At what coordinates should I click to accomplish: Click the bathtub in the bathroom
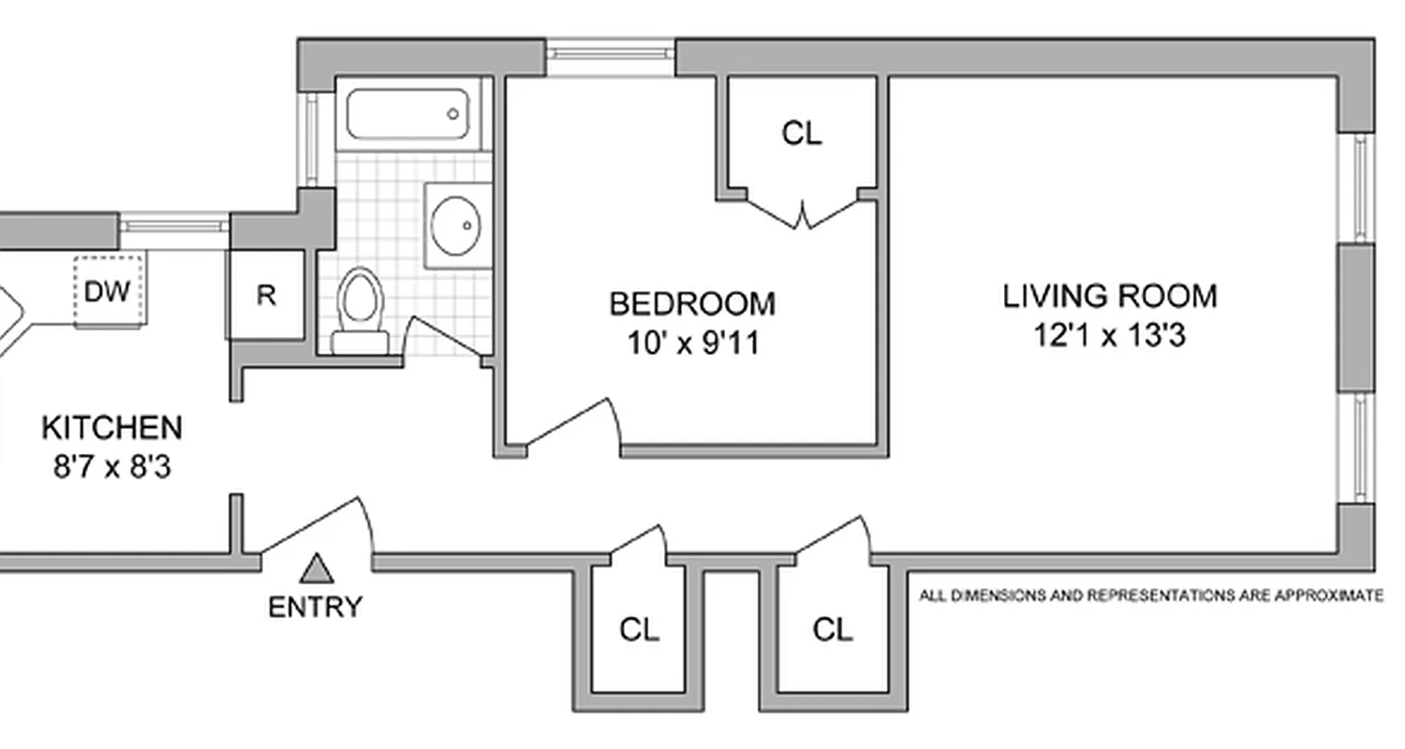click(x=407, y=113)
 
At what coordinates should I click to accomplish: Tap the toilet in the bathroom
click(x=360, y=309)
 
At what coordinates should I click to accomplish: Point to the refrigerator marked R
click(x=266, y=296)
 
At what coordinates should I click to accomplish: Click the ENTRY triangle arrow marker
click(x=317, y=567)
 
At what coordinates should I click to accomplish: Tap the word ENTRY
click(x=315, y=607)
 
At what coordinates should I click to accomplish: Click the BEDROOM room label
click(x=692, y=303)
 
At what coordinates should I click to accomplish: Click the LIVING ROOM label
click(x=1110, y=296)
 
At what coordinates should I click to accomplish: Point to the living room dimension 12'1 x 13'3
click(x=1110, y=335)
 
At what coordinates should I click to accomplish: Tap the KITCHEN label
click(x=111, y=428)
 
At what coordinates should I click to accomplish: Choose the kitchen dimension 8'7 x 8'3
click(x=111, y=466)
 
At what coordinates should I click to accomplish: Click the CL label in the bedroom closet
click(x=802, y=134)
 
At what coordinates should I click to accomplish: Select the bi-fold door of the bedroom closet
click(x=802, y=213)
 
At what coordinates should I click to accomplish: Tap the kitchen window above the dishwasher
click(x=174, y=225)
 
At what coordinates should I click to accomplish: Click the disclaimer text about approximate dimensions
click(x=1151, y=595)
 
